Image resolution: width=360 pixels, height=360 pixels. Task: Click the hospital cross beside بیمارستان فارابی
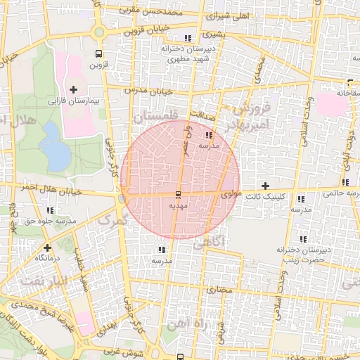coord(74,89)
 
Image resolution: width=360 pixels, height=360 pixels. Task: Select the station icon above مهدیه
coord(177,194)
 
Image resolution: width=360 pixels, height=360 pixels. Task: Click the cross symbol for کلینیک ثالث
coord(264,186)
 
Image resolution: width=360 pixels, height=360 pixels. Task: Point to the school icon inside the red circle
coord(208,135)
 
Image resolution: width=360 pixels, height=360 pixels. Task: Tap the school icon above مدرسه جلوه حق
coord(50,210)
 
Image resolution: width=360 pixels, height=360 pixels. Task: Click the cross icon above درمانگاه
coord(46,247)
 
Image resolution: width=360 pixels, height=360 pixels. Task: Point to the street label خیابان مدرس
coord(148,91)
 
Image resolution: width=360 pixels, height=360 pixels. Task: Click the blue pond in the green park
coord(52,146)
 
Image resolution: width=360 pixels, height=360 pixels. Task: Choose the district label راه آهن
coord(185,324)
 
